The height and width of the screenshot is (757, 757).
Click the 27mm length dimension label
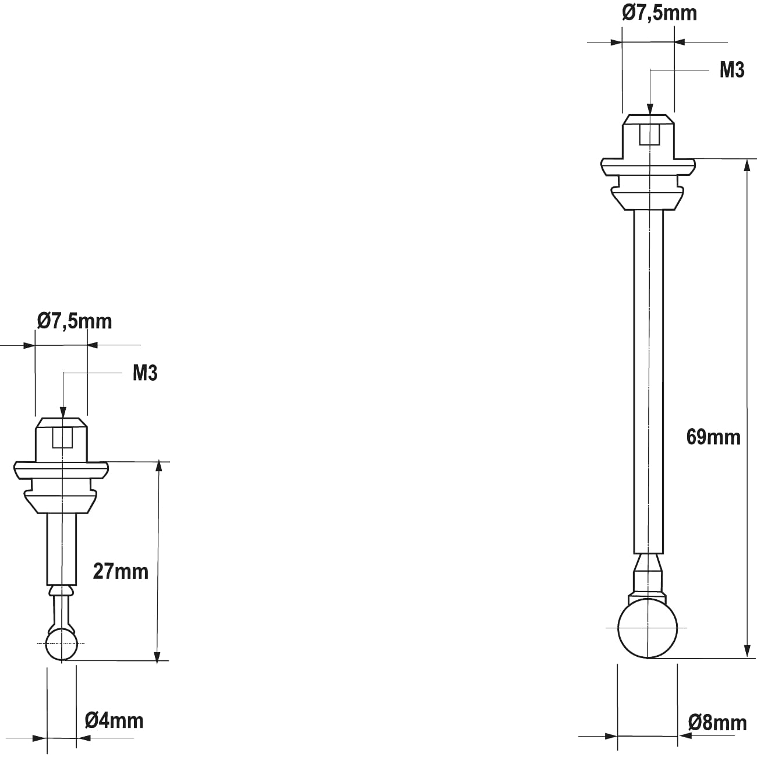point(121,571)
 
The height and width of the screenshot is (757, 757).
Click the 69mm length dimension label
point(713,437)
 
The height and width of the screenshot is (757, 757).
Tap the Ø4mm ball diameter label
point(114,720)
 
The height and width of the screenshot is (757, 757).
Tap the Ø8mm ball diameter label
point(717,723)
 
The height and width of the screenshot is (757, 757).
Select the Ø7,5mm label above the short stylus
point(74,321)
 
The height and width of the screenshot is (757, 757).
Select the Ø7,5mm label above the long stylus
point(659,13)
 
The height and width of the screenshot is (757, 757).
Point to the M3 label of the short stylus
point(145,373)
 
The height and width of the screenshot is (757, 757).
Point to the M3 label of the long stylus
point(732,70)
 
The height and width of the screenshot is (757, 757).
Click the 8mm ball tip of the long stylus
point(648,629)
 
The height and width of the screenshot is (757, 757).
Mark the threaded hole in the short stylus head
point(62,437)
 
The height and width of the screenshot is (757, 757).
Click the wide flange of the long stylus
point(648,166)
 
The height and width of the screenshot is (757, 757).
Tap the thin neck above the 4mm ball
point(61,609)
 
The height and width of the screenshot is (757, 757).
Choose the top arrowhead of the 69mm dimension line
point(747,166)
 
